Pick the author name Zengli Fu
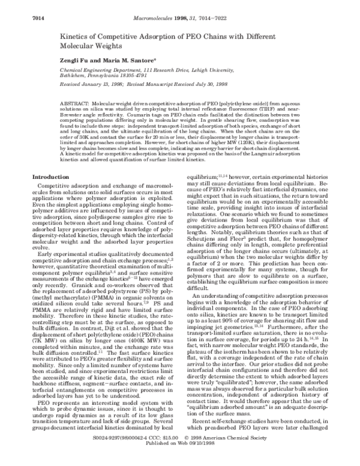click(x=74, y=61)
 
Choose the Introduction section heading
click(x=50, y=177)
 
